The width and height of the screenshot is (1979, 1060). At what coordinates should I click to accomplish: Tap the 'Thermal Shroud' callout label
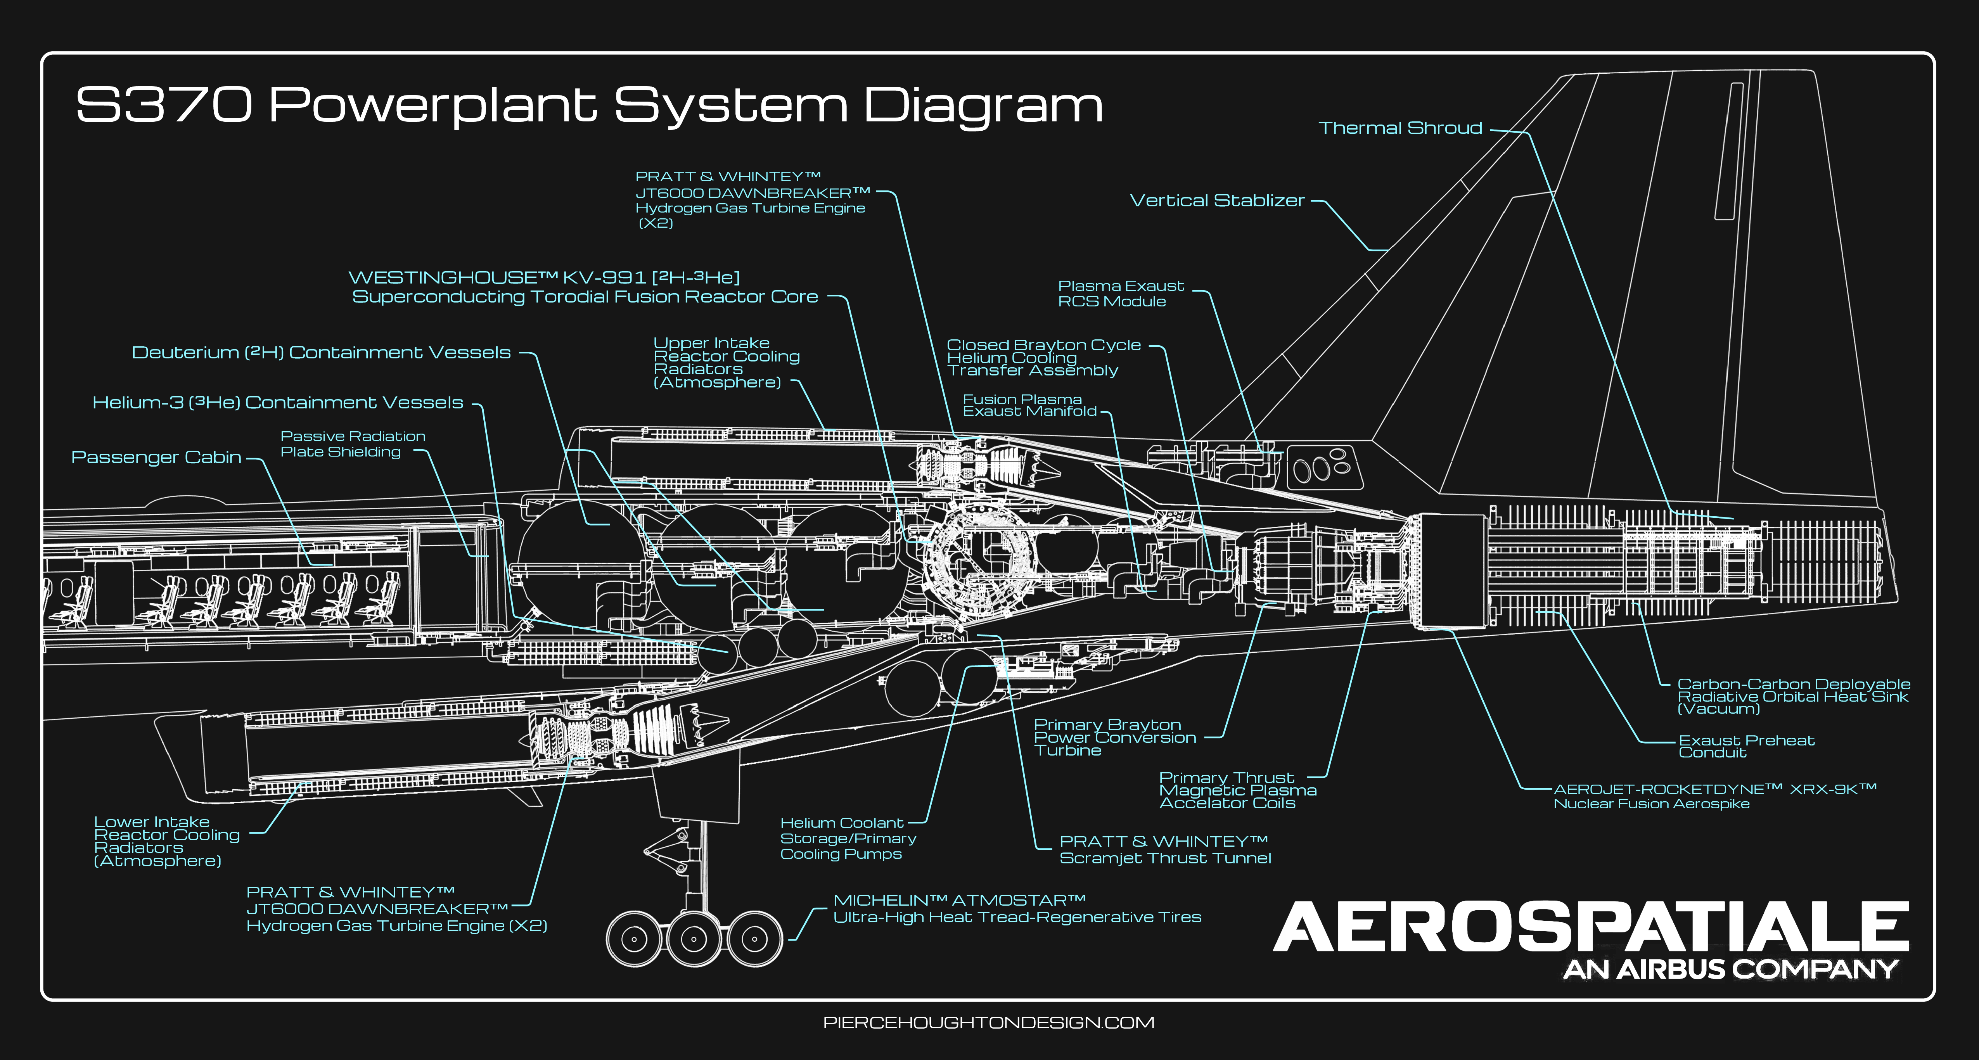point(1400,128)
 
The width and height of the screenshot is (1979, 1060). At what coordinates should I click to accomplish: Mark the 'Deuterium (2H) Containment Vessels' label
point(321,353)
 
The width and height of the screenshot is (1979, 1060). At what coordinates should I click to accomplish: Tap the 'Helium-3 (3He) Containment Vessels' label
point(277,403)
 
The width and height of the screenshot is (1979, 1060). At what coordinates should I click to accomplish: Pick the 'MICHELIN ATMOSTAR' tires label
point(1016,909)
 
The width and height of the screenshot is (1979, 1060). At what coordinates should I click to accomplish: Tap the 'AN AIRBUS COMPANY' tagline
point(1730,969)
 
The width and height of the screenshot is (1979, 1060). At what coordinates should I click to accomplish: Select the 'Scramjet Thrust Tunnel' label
point(1165,849)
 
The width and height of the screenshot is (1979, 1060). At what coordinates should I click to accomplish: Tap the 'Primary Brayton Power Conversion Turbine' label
point(1114,737)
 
